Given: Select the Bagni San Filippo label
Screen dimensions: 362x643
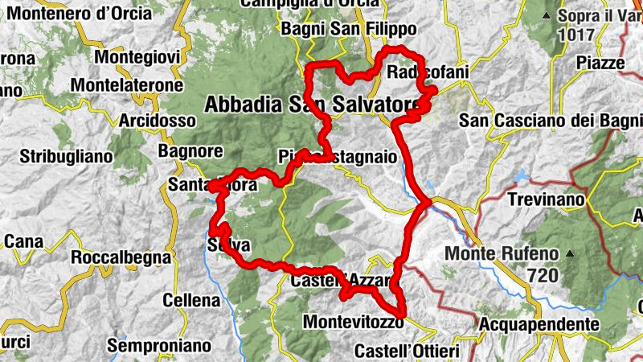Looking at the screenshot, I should (x=348, y=30).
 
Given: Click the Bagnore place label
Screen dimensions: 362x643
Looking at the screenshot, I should (x=190, y=150).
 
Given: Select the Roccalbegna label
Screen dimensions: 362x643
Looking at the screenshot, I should (x=121, y=258).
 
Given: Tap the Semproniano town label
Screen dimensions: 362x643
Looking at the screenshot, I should (x=159, y=346).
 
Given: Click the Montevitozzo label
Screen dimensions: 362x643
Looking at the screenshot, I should (x=352, y=322).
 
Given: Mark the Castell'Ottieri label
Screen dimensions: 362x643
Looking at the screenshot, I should (x=407, y=352).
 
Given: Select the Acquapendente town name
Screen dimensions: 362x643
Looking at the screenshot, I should (x=539, y=325).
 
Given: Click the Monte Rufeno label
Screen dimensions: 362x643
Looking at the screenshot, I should (x=513, y=253).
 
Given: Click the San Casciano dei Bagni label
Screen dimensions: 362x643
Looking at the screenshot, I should (x=550, y=121).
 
